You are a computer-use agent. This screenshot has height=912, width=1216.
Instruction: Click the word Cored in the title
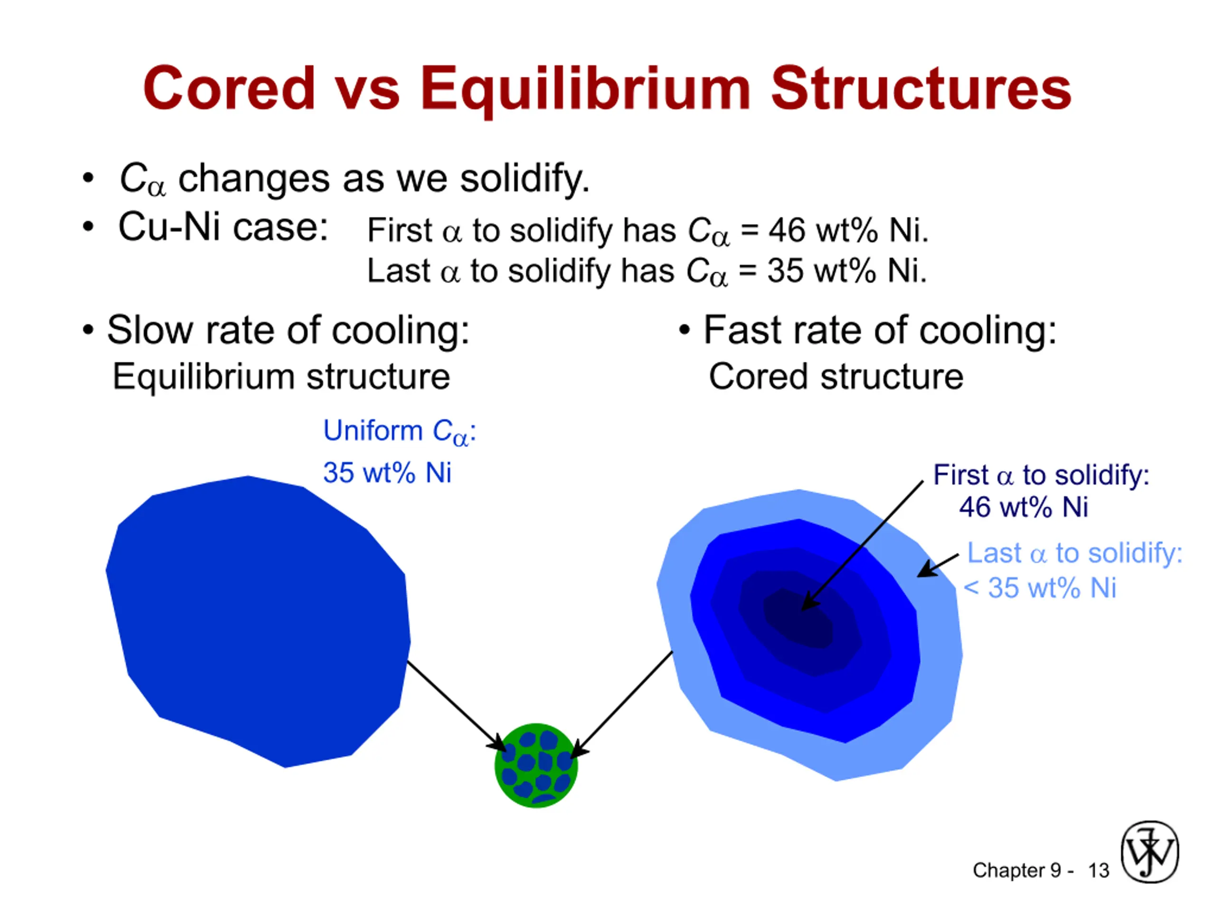[228, 88]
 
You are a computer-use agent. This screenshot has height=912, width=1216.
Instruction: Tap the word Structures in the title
[921, 88]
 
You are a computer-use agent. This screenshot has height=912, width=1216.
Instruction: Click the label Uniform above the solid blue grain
[373, 430]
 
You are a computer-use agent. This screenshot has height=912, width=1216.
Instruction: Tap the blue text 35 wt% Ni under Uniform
[387, 473]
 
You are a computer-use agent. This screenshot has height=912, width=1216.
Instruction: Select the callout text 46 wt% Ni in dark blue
[1024, 507]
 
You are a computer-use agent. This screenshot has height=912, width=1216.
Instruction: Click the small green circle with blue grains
[536, 765]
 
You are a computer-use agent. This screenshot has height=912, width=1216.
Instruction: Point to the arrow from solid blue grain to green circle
[456, 706]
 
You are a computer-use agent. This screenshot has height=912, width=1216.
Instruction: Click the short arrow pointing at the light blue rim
[938, 565]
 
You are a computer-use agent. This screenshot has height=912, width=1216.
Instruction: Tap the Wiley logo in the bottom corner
[1150, 852]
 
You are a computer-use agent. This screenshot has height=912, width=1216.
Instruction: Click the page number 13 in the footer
[1099, 870]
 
